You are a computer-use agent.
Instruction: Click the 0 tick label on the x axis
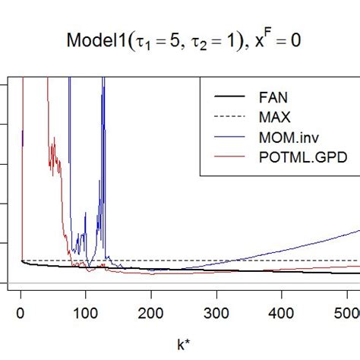[21, 312]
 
